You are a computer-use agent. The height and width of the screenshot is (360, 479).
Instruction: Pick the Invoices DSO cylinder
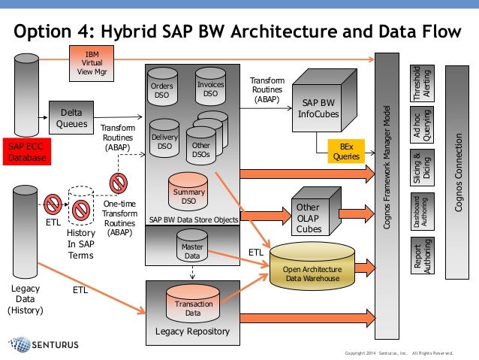point(210,89)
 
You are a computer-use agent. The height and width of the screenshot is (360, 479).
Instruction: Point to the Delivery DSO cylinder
point(164,140)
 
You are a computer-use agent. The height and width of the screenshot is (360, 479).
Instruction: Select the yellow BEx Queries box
point(345,152)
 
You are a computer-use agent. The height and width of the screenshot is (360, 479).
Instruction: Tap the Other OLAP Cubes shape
point(308,213)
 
